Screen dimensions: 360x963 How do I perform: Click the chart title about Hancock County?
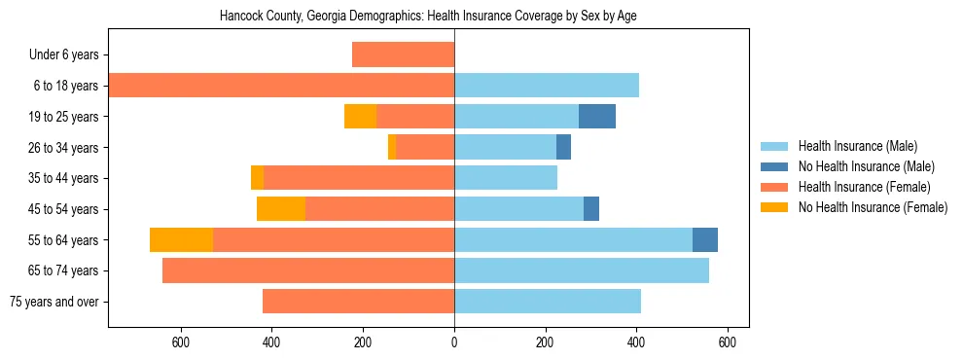428,17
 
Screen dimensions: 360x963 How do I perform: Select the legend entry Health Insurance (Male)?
857,146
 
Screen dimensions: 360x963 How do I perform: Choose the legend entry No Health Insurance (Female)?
873,207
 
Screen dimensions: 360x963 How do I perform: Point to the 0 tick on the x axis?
454,342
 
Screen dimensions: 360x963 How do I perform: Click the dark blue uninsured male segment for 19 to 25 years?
596,116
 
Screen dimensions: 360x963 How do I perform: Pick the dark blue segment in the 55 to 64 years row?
704,239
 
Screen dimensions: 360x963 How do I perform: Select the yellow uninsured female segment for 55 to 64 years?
181,239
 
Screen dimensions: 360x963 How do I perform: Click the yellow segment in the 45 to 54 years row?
281,208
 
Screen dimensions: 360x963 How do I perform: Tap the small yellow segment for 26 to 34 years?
392,147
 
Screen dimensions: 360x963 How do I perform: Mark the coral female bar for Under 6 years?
403,54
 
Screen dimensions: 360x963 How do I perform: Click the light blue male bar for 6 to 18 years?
547,86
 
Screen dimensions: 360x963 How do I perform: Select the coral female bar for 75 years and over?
358,302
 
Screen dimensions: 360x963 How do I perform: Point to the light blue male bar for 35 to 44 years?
506,178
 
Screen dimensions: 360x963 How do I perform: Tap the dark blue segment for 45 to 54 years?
591,208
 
